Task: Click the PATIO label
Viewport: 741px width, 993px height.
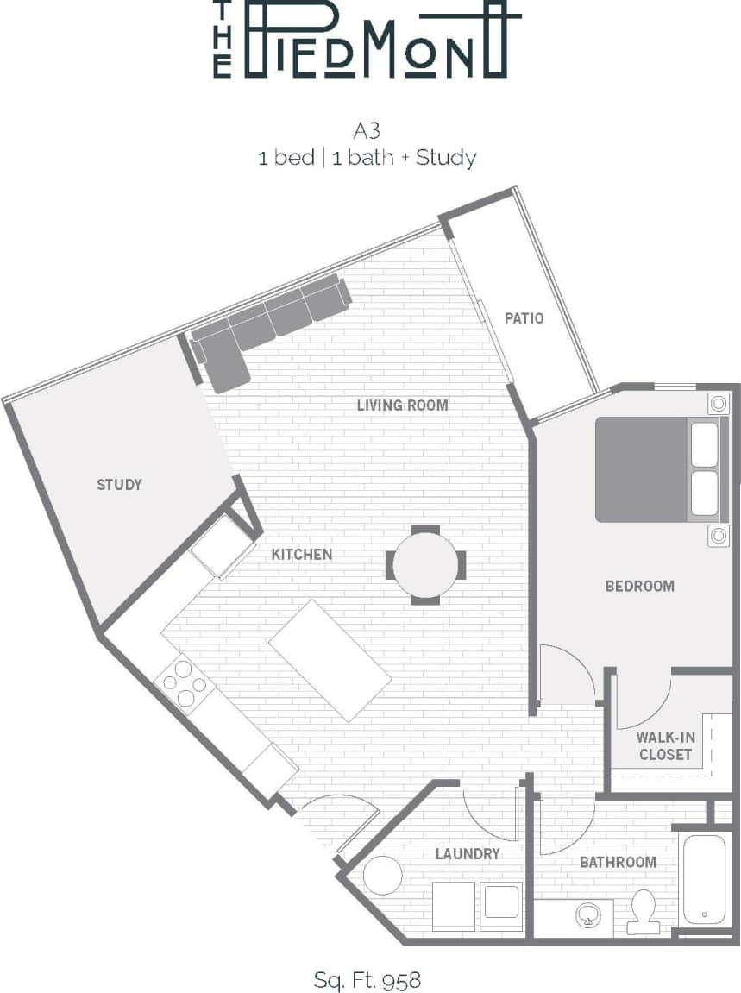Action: tap(524, 318)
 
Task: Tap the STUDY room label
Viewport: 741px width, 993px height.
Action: tap(119, 484)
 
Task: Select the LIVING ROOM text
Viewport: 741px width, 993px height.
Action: tap(402, 405)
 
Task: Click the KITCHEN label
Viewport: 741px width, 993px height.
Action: tap(302, 554)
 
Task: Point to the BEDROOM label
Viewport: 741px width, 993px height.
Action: tap(639, 586)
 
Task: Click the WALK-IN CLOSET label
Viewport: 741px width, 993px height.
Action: tap(664, 745)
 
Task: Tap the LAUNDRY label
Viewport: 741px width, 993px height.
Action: tap(468, 853)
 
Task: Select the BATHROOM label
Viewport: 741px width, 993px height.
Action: tap(618, 862)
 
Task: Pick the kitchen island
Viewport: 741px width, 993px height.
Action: tap(330, 661)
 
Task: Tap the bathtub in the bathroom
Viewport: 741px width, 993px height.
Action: tap(706, 877)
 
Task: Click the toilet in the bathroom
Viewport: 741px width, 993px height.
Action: tap(643, 911)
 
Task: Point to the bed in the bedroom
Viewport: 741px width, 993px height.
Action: tap(660, 470)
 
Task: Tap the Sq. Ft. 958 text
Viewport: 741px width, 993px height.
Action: tap(367, 980)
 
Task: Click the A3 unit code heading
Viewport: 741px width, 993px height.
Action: tap(367, 131)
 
